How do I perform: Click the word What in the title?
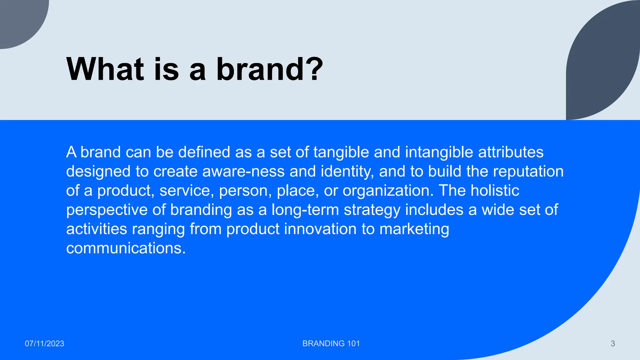pyautogui.click(x=105, y=69)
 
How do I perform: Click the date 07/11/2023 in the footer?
pyautogui.click(x=44, y=343)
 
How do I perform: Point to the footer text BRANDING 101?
pyautogui.click(x=331, y=343)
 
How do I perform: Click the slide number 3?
pyautogui.click(x=612, y=343)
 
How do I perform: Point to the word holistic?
pyautogui.click(x=495, y=191)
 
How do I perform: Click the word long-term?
pyautogui.click(x=305, y=210)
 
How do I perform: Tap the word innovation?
pyautogui.click(x=320, y=229)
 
